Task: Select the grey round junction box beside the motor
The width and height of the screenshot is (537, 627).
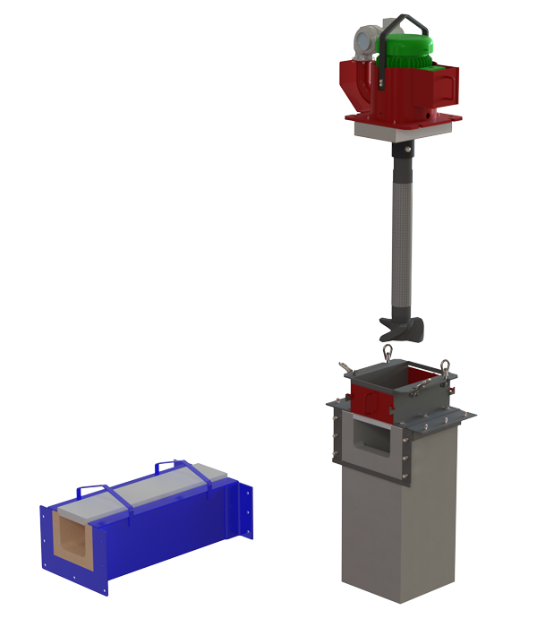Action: [x=362, y=36]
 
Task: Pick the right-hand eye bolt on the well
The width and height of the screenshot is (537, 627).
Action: [x=445, y=367]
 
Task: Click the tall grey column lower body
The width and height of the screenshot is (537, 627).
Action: [x=398, y=537]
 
